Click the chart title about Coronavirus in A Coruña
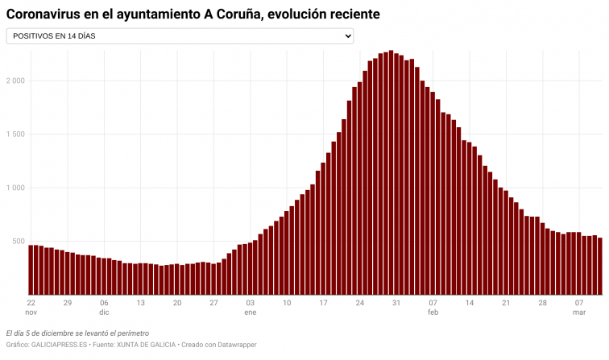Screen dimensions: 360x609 (193, 14)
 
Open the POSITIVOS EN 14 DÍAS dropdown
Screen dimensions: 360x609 (180, 36)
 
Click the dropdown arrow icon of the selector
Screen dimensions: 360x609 (347, 36)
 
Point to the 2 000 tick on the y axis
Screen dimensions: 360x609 (15, 81)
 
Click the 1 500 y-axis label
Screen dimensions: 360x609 (15, 134)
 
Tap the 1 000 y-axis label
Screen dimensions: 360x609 (15, 188)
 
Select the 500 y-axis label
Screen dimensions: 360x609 (19, 242)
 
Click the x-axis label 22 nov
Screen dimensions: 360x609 (31, 307)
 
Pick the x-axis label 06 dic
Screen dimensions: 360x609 (104, 307)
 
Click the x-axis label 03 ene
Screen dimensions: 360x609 (251, 307)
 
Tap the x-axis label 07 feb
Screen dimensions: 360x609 (433, 307)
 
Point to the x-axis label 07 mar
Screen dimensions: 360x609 (578, 307)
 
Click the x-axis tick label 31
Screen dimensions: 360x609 (396, 303)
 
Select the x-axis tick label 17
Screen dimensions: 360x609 (323, 303)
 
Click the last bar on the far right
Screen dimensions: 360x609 (599, 266)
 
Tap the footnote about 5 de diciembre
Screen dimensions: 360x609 (77, 333)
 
